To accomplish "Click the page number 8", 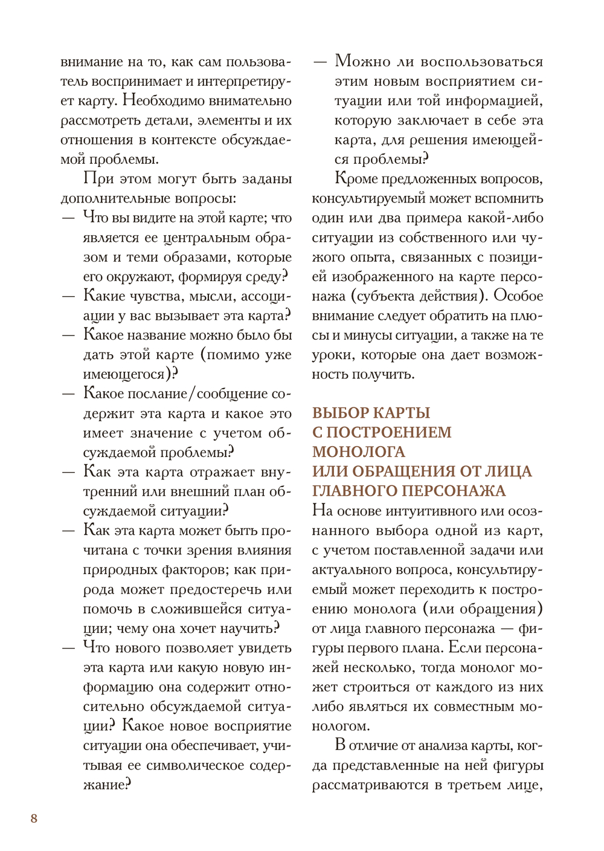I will [34, 818].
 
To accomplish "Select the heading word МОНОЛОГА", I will [359, 452].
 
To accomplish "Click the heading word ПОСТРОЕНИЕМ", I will [389, 433].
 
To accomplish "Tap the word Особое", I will [518, 296].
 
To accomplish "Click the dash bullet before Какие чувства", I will [68, 296].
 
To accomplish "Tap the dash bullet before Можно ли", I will [320, 62].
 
